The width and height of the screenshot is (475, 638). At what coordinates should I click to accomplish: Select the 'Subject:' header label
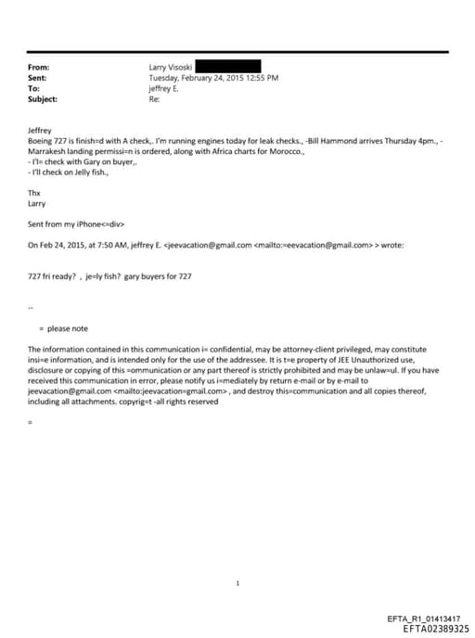43,98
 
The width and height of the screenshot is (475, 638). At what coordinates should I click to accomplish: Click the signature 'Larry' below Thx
37,202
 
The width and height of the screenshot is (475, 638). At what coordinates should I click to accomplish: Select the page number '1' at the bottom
237,557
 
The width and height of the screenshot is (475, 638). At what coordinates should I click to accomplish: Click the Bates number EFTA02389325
436,628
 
